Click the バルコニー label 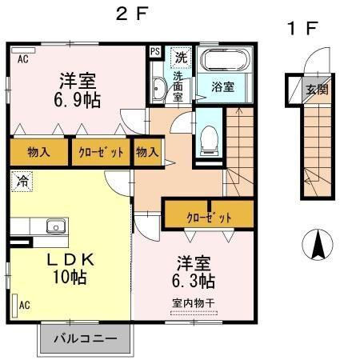click(x=84, y=338)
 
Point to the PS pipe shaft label click(x=155, y=54)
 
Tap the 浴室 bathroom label click(x=223, y=86)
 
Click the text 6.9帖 click(x=78, y=100)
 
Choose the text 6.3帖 click(x=194, y=281)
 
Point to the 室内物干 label click(x=194, y=302)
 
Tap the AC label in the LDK click(x=24, y=303)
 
